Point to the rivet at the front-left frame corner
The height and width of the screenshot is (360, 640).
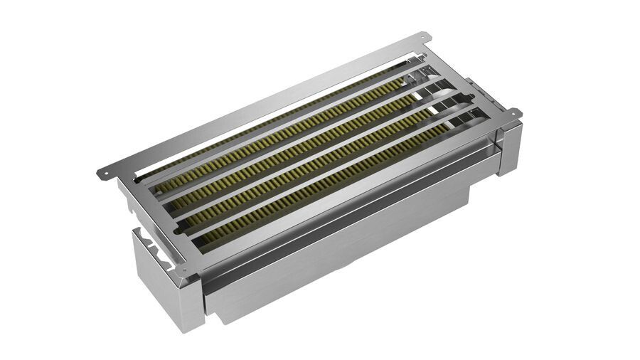[184, 271]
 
